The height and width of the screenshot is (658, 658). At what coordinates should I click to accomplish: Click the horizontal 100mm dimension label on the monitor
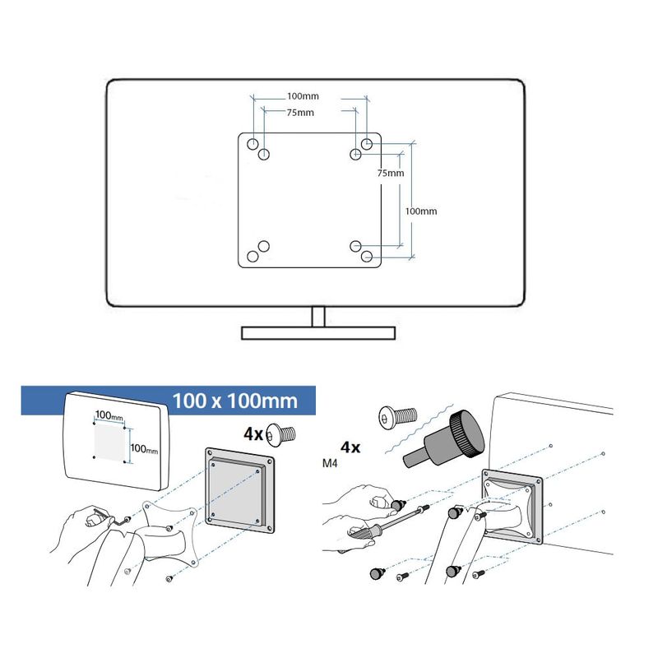pyautogui.click(x=304, y=96)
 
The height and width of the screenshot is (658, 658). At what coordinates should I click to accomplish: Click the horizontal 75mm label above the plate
pyautogui.click(x=299, y=113)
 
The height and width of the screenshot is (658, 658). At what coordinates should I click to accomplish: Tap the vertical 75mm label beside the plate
pyautogui.click(x=390, y=174)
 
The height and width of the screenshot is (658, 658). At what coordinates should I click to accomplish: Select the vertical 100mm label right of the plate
pyautogui.click(x=421, y=211)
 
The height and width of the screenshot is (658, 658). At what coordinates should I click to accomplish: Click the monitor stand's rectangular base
pyautogui.click(x=318, y=332)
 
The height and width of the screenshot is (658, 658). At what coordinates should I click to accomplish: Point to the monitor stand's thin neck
pyautogui.click(x=318, y=316)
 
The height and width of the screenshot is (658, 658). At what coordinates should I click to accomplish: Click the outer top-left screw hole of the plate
pyautogui.click(x=253, y=143)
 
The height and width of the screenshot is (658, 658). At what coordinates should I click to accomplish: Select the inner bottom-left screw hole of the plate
pyautogui.click(x=264, y=245)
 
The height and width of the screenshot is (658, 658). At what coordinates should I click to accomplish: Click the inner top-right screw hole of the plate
pyautogui.click(x=356, y=154)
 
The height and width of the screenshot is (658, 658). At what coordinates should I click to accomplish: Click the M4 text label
pyautogui.click(x=329, y=465)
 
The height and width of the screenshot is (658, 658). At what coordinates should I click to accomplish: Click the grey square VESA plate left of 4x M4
pyautogui.click(x=239, y=489)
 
